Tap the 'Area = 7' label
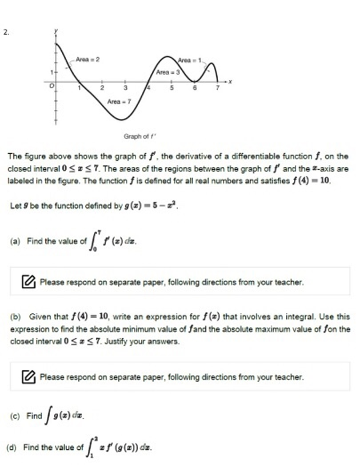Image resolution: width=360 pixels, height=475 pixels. (x=120, y=101)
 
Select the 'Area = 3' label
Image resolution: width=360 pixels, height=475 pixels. (x=169, y=71)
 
